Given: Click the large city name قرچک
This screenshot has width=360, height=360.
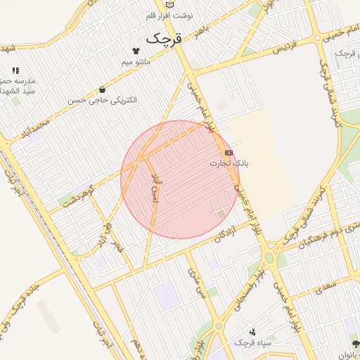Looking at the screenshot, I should (164, 39).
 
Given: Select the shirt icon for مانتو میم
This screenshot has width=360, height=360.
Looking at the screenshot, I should (136, 51).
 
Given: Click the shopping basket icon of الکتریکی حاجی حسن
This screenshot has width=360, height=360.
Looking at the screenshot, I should (103, 89).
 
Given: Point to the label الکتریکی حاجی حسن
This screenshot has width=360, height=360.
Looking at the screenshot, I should (103, 101).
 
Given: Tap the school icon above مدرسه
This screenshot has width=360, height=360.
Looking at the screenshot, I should (15, 70).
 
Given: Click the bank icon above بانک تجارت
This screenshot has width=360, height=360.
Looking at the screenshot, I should (229, 152).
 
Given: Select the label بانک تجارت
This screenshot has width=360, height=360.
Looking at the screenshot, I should (229, 163).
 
